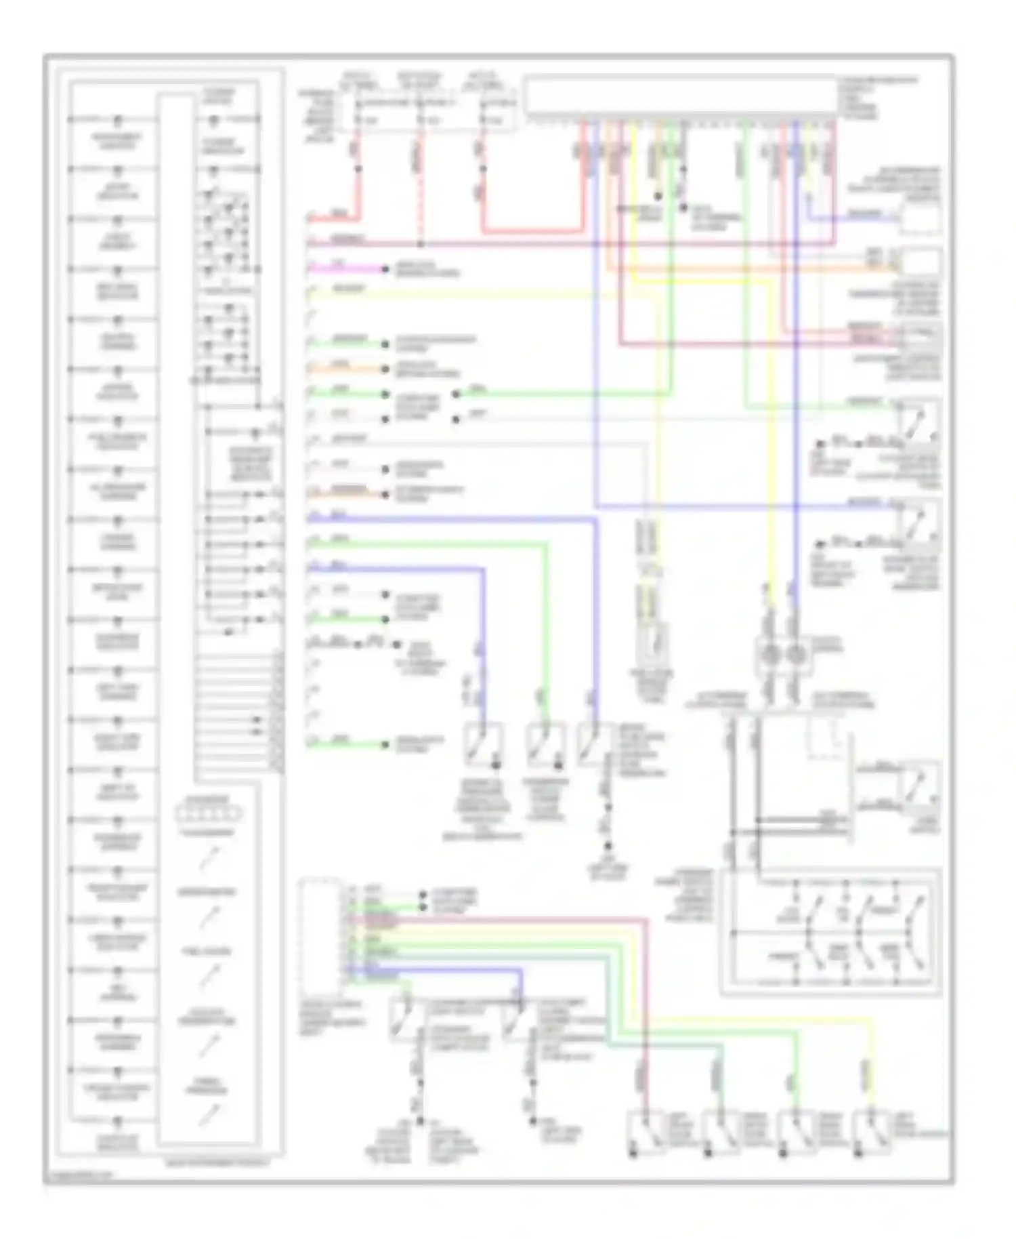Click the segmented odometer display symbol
(x=209, y=813)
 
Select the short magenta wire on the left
(x=345, y=269)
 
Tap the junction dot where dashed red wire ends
(x=420, y=244)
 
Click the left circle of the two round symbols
(x=769, y=655)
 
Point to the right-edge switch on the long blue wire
(x=917, y=522)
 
